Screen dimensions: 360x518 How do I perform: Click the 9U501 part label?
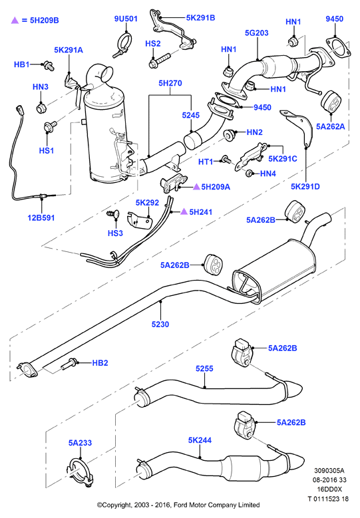point(126,19)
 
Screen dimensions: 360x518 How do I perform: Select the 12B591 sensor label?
point(41,217)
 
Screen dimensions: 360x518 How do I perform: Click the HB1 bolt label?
point(22,65)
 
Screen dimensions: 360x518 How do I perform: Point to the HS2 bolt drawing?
point(159,61)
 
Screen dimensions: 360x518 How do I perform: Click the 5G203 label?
point(257,33)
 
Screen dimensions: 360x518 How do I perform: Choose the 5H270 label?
point(170,83)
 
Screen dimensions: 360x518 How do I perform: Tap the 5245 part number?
point(191,115)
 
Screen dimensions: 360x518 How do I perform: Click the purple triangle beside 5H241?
point(184,211)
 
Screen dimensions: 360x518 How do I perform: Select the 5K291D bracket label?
point(305,187)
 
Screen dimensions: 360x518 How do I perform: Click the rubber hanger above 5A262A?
point(331,102)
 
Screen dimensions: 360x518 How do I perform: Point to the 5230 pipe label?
point(160,324)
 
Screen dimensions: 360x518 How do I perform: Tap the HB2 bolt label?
point(100,362)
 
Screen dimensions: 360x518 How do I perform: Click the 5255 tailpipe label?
point(204,368)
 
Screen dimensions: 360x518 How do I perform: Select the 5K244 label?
point(200,440)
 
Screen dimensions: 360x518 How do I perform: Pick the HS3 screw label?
point(115,233)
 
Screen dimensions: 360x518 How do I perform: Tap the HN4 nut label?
point(268,174)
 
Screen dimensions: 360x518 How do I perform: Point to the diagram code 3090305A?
point(329,470)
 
